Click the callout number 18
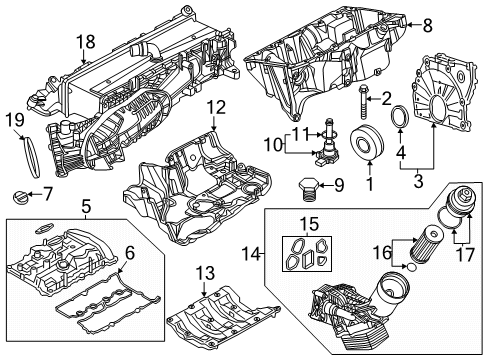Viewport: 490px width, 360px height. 87,42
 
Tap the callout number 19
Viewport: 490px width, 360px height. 14,120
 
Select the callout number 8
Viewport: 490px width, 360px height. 426,25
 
